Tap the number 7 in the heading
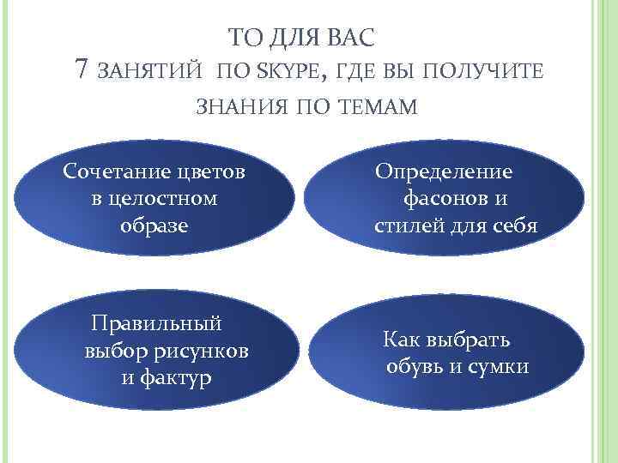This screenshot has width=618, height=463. coord(82,69)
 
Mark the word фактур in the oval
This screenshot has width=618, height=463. coord(179,377)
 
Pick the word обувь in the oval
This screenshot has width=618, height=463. coord(415,367)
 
